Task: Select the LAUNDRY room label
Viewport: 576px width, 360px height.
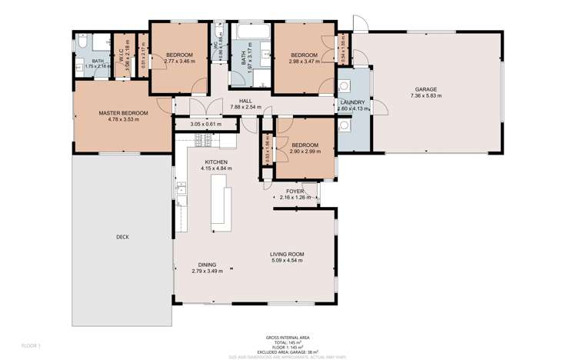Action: click(353, 102)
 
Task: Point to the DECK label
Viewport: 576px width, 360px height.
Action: click(122, 237)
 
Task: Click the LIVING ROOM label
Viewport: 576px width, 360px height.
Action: click(287, 254)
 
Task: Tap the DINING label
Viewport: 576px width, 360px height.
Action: click(206, 265)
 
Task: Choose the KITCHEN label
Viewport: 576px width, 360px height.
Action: click(216, 161)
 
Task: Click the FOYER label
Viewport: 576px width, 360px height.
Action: click(295, 191)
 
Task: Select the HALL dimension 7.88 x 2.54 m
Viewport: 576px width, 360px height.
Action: click(245, 108)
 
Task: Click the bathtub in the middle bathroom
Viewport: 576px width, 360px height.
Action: click(251, 35)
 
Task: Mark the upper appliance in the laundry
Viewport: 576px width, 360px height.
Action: click(345, 86)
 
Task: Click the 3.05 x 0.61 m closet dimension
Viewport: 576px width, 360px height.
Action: click(205, 124)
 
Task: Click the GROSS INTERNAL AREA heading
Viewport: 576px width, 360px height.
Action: click(287, 336)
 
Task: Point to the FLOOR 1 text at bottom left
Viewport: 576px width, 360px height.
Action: click(31, 345)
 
